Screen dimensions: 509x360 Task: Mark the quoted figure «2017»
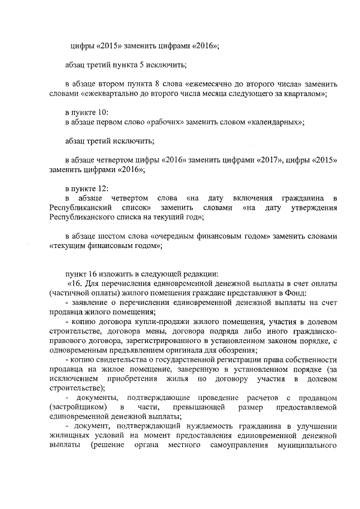pyautogui.click(x=258, y=160)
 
